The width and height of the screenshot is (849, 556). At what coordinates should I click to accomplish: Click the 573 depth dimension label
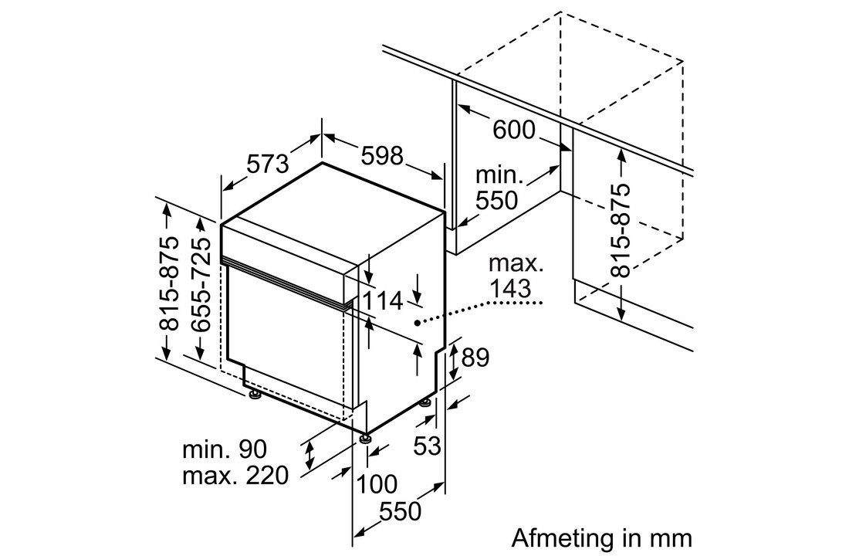coord(269,163)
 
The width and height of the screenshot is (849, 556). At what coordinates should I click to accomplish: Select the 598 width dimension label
coord(382,156)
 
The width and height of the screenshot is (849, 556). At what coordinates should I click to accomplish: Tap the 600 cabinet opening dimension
coord(513,130)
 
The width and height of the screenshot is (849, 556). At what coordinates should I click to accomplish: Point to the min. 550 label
coord(496,188)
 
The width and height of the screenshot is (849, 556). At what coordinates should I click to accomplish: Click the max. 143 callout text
coord(516,276)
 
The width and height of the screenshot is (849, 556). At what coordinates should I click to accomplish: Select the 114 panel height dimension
coord(382,301)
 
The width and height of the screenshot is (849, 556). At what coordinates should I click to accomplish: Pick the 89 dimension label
coord(475,358)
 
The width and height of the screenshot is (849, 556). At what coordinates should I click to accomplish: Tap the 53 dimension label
coord(428,446)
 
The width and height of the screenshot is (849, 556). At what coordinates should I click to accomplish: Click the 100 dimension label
coord(376,484)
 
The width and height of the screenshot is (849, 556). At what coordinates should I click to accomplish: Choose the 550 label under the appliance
coord(400,511)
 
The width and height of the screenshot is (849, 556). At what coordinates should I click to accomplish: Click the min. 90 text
coord(225,449)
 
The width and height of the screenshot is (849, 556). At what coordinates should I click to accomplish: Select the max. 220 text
coord(235,476)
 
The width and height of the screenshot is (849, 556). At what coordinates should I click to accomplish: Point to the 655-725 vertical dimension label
coord(201,284)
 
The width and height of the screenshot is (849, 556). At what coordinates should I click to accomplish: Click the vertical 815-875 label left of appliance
coord(170,283)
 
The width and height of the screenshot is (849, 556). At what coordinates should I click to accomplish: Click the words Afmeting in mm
coord(601,538)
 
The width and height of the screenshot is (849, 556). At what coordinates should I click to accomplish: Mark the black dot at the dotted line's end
coord(417,324)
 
